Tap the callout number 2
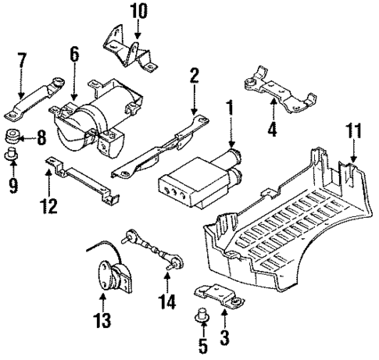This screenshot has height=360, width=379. [x=194, y=75]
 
